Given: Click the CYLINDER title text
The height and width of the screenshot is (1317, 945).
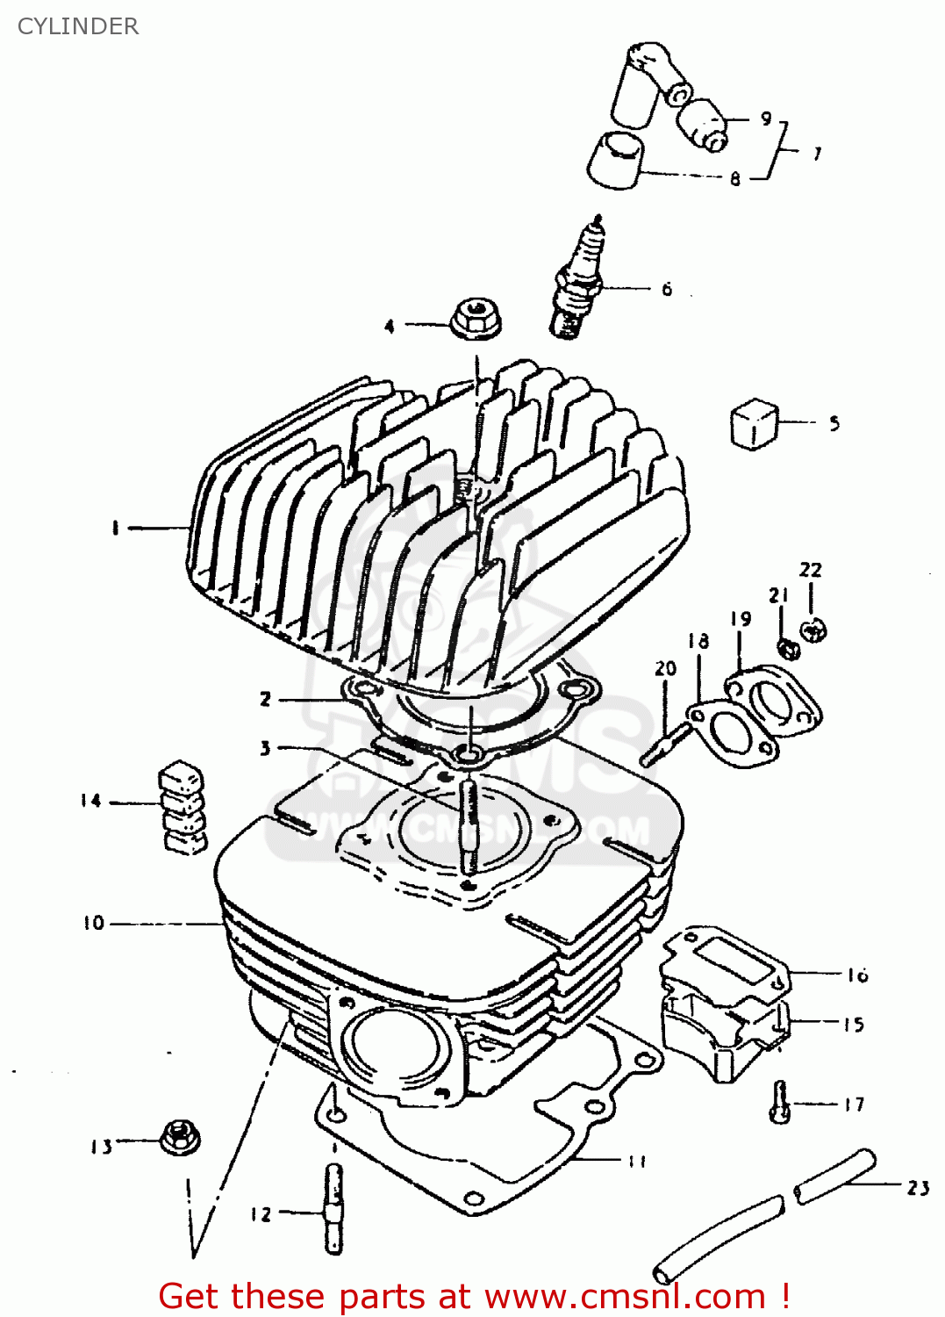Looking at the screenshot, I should pos(78,26).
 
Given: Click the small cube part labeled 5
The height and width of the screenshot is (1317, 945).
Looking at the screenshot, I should pos(754,424).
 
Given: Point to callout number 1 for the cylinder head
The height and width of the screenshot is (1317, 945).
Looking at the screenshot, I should pos(115,528).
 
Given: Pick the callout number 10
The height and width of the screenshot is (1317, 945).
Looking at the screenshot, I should pos(94,923).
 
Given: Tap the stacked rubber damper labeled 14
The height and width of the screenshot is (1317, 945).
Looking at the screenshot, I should pos(183,806).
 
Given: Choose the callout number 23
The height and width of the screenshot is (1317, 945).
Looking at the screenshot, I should pos(918,1188).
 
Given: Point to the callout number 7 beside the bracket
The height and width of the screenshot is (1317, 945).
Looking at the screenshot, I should pos(817,154).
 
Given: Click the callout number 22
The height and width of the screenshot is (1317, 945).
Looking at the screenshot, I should pos(810,570).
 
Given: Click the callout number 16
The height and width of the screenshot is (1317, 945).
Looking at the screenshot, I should pos(857,975).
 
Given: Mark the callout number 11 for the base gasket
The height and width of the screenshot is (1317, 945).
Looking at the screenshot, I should pos(637,1161).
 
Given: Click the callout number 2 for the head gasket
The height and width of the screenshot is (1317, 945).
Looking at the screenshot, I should pos(265,700).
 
